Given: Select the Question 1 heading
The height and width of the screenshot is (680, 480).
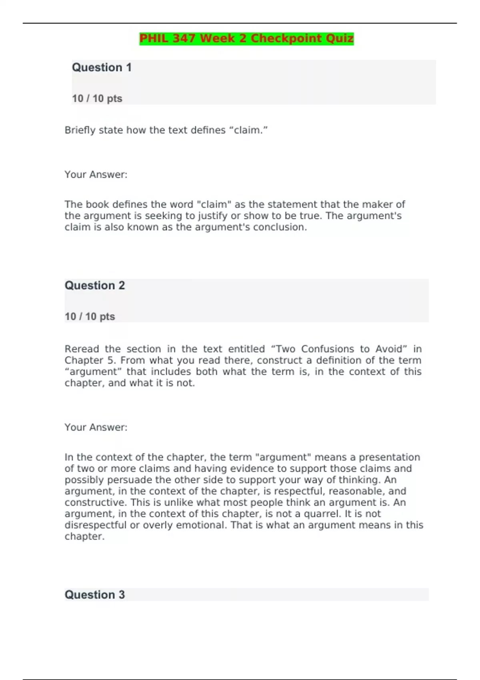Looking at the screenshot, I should tap(102, 67).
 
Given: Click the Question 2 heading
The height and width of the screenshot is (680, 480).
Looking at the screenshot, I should tap(95, 285).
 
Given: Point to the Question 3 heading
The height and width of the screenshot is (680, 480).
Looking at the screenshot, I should tap(95, 594).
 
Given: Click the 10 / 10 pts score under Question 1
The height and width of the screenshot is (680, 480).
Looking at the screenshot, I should tap(97, 98).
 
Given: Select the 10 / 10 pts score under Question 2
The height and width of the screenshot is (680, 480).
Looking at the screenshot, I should tap(90, 316).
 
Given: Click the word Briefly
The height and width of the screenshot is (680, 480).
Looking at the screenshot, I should tap(80, 130).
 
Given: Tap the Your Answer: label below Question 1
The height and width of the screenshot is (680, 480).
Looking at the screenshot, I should tap(96, 174).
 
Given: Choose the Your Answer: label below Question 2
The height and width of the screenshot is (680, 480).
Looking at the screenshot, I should tap(96, 427).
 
